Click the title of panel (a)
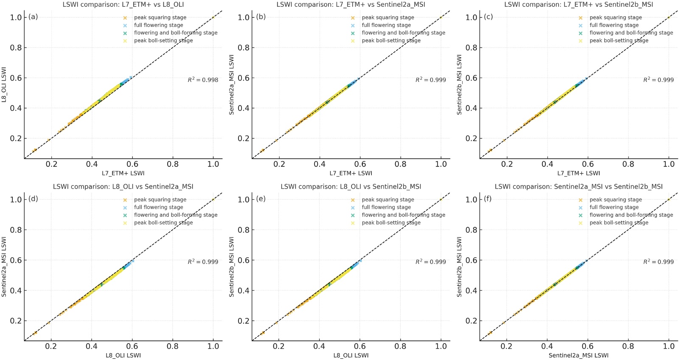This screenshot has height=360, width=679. point(123,5)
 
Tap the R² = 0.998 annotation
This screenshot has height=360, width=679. point(203,80)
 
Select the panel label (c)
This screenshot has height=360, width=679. point(488,17)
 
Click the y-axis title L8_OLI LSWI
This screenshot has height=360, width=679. point(4,84)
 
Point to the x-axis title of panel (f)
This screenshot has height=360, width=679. point(578,355)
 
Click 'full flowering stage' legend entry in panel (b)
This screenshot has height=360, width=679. point(386,25)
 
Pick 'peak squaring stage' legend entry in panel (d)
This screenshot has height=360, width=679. point(160,200)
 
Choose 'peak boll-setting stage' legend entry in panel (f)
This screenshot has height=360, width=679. point(619,222)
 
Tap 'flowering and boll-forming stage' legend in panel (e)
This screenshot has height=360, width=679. point(403,215)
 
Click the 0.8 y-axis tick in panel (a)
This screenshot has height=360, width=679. point(16,48)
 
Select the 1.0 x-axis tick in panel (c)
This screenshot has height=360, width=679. point(668,164)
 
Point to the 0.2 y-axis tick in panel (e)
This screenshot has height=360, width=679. point(244,321)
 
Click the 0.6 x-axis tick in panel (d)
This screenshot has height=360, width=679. point(132,346)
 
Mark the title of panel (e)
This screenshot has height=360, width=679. point(351,187)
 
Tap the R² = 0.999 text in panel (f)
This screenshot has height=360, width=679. point(658,262)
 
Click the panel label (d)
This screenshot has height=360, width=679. point(33,199)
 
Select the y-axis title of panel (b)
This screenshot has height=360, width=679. point(232,84)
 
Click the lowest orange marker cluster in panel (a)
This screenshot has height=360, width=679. point(34,150)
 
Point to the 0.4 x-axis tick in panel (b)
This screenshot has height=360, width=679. point(320,164)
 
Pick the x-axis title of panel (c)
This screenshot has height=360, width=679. point(578,173)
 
